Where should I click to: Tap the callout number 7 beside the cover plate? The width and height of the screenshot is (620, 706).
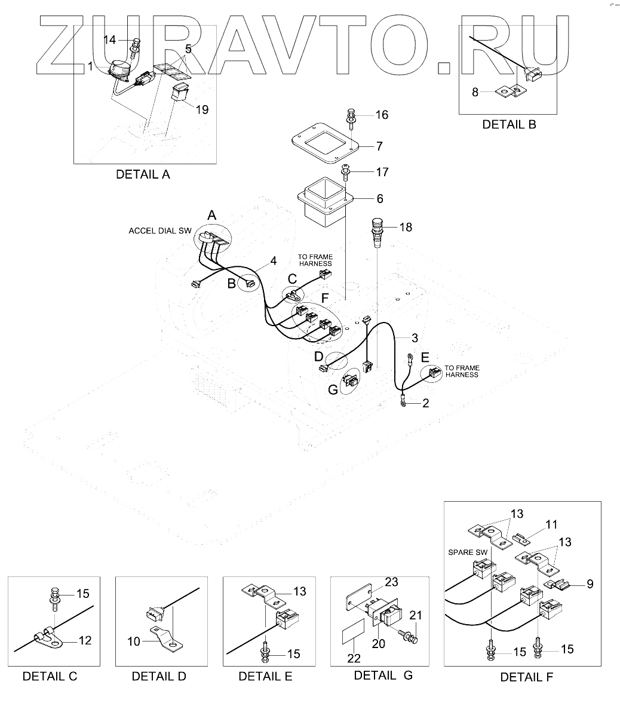tap(379, 146)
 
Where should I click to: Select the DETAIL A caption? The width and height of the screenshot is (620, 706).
tap(143, 174)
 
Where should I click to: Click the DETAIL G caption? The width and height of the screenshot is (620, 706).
tap(383, 675)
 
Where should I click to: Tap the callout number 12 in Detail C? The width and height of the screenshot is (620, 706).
tap(85, 641)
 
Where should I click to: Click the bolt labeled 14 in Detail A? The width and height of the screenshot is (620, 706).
tap(137, 44)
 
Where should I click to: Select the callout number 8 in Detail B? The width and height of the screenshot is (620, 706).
tap(475, 92)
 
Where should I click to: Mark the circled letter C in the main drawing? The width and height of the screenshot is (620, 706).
tap(292, 279)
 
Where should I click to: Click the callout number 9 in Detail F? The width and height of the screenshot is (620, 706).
tap(590, 584)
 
